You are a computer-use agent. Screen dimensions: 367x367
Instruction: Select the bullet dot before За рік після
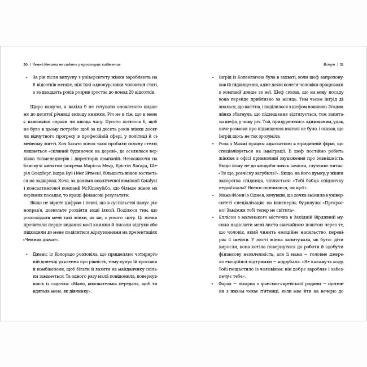(x=26, y=76)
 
